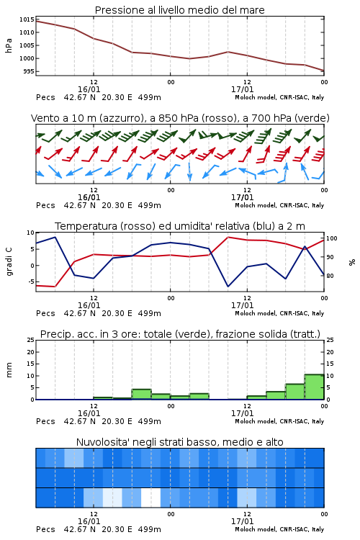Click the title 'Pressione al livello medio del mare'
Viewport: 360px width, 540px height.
pyautogui.click(x=179, y=10)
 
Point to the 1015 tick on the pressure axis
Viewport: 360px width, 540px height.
pyautogui.click(x=27, y=19)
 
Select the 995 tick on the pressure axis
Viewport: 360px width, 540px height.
pyautogui.click(x=28, y=71)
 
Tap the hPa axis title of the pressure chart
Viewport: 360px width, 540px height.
pyautogui.click(x=9, y=45)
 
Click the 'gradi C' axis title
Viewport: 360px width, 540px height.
pyautogui.click(x=9, y=261)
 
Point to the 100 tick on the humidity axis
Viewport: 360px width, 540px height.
pyautogui.click(x=332, y=238)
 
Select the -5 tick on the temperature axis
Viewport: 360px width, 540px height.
pyautogui.click(x=30, y=282)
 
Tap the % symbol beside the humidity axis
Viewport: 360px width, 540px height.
pyautogui.click(x=352, y=262)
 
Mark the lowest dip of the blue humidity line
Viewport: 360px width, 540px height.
pyautogui.click(x=228, y=286)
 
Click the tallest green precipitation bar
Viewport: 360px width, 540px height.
pyautogui.click(x=314, y=387)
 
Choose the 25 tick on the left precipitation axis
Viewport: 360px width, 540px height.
pyautogui.click(x=31, y=340)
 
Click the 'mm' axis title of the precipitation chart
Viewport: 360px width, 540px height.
pyautogui.click(x=9, y=370)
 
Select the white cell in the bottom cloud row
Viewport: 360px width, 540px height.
pyautogui.click(x=151, y=498)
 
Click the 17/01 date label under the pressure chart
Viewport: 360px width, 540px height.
pyautogui.click(x=242, y=89)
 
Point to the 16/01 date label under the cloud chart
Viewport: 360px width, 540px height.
pyautogui.click(x=89, y=521)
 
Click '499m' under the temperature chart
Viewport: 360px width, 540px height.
pyautogui.click(x=150, y=313)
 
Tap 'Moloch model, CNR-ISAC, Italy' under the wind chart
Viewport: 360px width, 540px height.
pyautogui.click(x=279, y=206)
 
